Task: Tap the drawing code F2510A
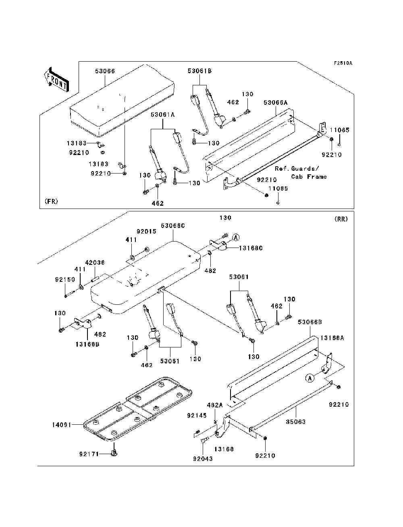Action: pyautogui.click(x=343, y=63)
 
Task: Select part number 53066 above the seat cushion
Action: pyautogui.click(x=105, y=71)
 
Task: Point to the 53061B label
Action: pyautogui.click(x=199, y=71)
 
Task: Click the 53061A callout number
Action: pyautogui.click(x=162, y=115)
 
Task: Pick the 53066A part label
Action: pyautogui.click(x=276, y=103)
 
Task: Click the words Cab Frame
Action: pyautogui.click(x=309, y=177)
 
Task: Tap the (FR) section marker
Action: pyautogui.click(x=52, y=201)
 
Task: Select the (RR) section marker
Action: pyautogui.click(x=341, y=219)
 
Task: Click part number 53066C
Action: pyautogui.click(x=172, y=226)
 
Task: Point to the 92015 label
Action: pyautogui.click(x=146, y=232)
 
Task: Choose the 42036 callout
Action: pyautogui.click(x=95, y=262)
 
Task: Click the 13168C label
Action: pyautogui.click(x=251, y=248)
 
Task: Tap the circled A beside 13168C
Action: pyautogui.click(x=236, y=237)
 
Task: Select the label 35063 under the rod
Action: pyautogui.click(x=296, y=422)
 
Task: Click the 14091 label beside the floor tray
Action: pyautogui.click(x=62, y=425)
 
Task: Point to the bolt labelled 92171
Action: pyautogui.click(x=114, y=454)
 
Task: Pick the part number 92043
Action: pyautogui.click(x=203, y=459)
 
